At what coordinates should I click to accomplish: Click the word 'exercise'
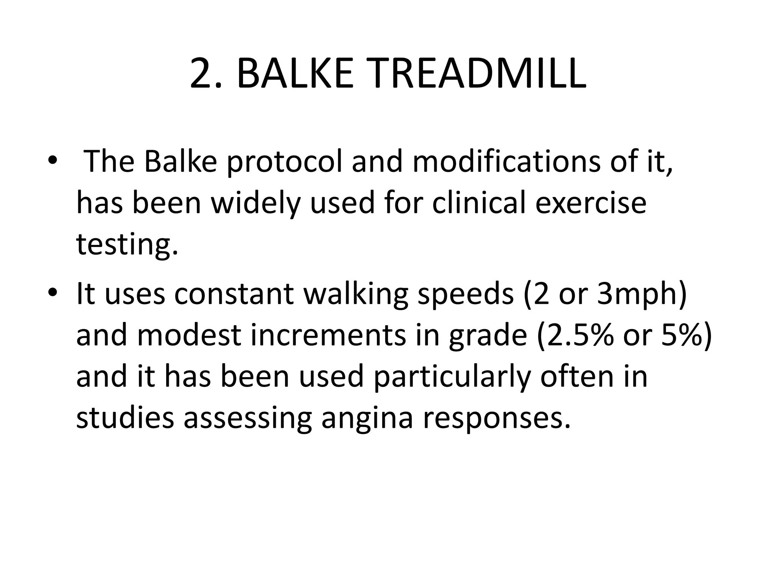coord(591,203)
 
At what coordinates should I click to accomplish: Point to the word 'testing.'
coord(127,244)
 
